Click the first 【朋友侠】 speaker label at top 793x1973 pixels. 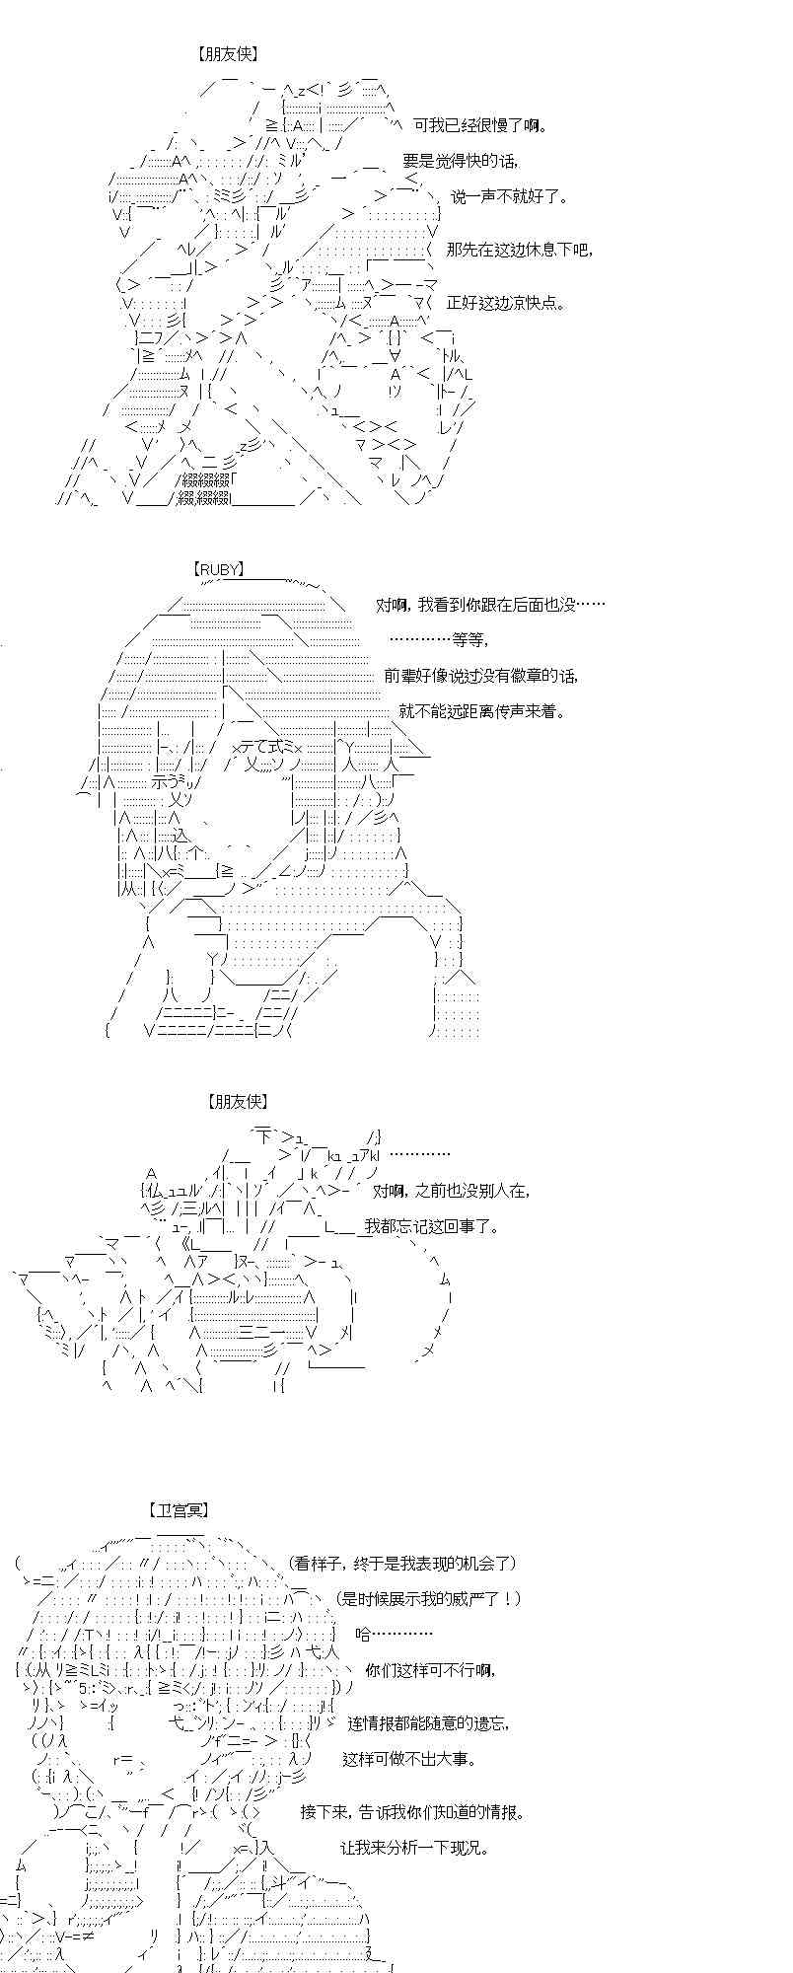pos(227,54)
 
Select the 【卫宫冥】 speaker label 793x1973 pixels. pos(179,1510)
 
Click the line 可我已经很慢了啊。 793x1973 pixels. pos(480,125)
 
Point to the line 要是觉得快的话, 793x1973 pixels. pos(460,162)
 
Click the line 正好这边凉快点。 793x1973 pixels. pos(506,303)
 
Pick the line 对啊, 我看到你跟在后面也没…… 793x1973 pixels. pos(490,605)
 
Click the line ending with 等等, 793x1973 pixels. pos(438,640)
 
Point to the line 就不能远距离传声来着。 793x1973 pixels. pos(482,711)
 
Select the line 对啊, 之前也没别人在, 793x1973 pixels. pos(452,1191)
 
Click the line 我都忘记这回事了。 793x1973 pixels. pos(432,1226)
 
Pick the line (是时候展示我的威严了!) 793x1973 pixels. pos(427,1599)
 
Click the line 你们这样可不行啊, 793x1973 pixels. pos(430,1670)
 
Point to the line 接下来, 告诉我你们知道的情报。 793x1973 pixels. pos(413,1812)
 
